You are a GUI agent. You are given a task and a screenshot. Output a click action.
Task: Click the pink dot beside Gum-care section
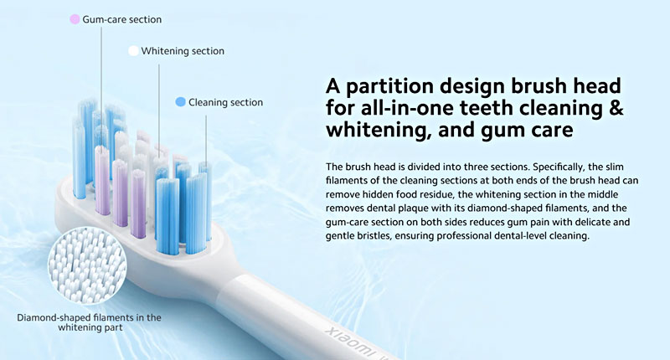(75, 19)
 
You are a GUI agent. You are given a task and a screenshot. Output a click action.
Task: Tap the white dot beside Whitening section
(133, 51)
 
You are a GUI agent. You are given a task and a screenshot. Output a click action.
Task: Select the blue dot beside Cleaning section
(180, 102)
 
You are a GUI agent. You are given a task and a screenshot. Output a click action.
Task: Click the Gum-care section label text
(121, 19)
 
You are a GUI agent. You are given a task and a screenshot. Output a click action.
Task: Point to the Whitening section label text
(183, 51)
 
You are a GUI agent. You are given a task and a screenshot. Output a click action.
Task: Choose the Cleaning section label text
(225, 102)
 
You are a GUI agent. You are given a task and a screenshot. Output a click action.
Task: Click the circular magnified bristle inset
(87, 265)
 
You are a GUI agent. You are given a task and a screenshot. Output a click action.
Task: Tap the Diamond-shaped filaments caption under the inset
(90, 322)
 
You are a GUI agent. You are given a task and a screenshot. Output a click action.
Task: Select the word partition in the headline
(389, 86)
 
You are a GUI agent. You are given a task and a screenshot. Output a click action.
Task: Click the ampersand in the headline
(615, 107)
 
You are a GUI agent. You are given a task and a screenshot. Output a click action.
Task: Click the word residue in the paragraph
(441, 194)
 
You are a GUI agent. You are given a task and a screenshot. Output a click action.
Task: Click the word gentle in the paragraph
(340, 236)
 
